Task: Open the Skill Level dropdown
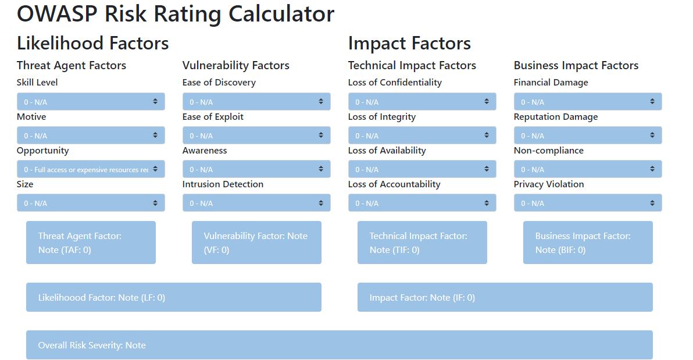tap(91, 102)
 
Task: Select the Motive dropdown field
tap(91, 136)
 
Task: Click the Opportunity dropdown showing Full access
tap(91, 169)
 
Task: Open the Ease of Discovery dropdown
tap(256, 102)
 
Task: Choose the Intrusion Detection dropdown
tap(256, 203)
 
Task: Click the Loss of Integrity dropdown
tap(422, 136)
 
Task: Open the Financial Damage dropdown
tap(588, 102)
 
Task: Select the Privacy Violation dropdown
tap(588, 203)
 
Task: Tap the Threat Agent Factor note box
tap(91, 243)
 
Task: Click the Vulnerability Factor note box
tap(256, 243)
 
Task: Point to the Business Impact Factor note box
tap(588, 243)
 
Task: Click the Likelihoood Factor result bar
tap(173, 297)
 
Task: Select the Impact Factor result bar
tap(505, 297)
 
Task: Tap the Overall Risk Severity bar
tap(339, 345)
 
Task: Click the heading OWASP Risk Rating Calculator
tap(176, 14)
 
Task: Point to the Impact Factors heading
tap(409, 43)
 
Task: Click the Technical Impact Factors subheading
tap(412, 66)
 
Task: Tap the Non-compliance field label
tap(548, 151)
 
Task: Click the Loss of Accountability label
tap(394, 184)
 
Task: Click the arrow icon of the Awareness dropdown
tap(321, 169)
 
